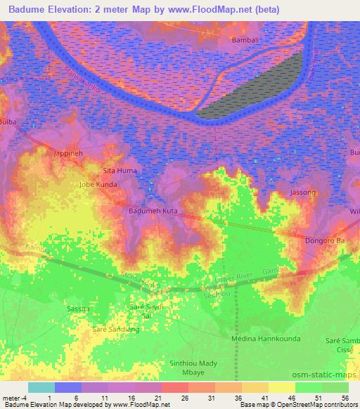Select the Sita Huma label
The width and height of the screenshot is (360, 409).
pos(120,171)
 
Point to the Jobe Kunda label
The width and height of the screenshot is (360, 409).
pos(98,185)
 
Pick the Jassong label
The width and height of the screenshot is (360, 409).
pos(303,191)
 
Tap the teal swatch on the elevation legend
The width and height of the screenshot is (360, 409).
pos(41,387)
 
